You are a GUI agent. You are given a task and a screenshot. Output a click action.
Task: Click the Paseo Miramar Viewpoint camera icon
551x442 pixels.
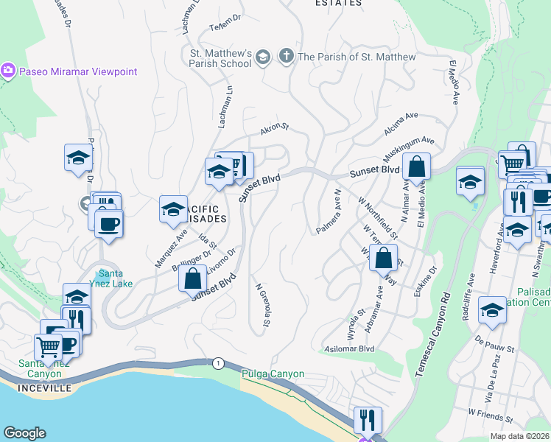click(x=9, y=71)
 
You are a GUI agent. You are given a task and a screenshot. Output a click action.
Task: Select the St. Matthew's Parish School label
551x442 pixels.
click(x=221, y=58)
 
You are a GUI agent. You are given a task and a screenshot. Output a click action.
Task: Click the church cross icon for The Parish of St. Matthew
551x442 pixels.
click(x=286, y=57)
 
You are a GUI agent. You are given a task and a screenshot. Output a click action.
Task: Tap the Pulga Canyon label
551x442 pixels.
click(x=273, y=373)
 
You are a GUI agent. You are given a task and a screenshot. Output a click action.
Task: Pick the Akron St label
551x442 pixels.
click(x=274, y=129)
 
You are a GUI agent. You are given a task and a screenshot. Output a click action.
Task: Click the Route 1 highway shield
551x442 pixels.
click(x=218, y=363)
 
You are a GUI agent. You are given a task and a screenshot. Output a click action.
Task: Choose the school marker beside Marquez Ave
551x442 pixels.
click(x=173, y=209)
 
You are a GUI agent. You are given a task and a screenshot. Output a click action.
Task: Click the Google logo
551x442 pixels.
click(x=24, y=433)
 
